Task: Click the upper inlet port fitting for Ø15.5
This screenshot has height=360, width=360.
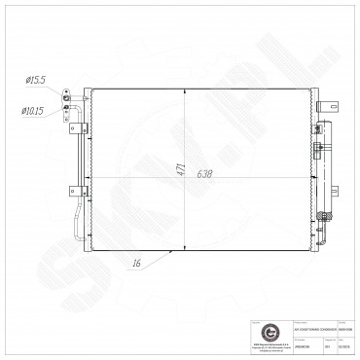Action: (68, 95)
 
